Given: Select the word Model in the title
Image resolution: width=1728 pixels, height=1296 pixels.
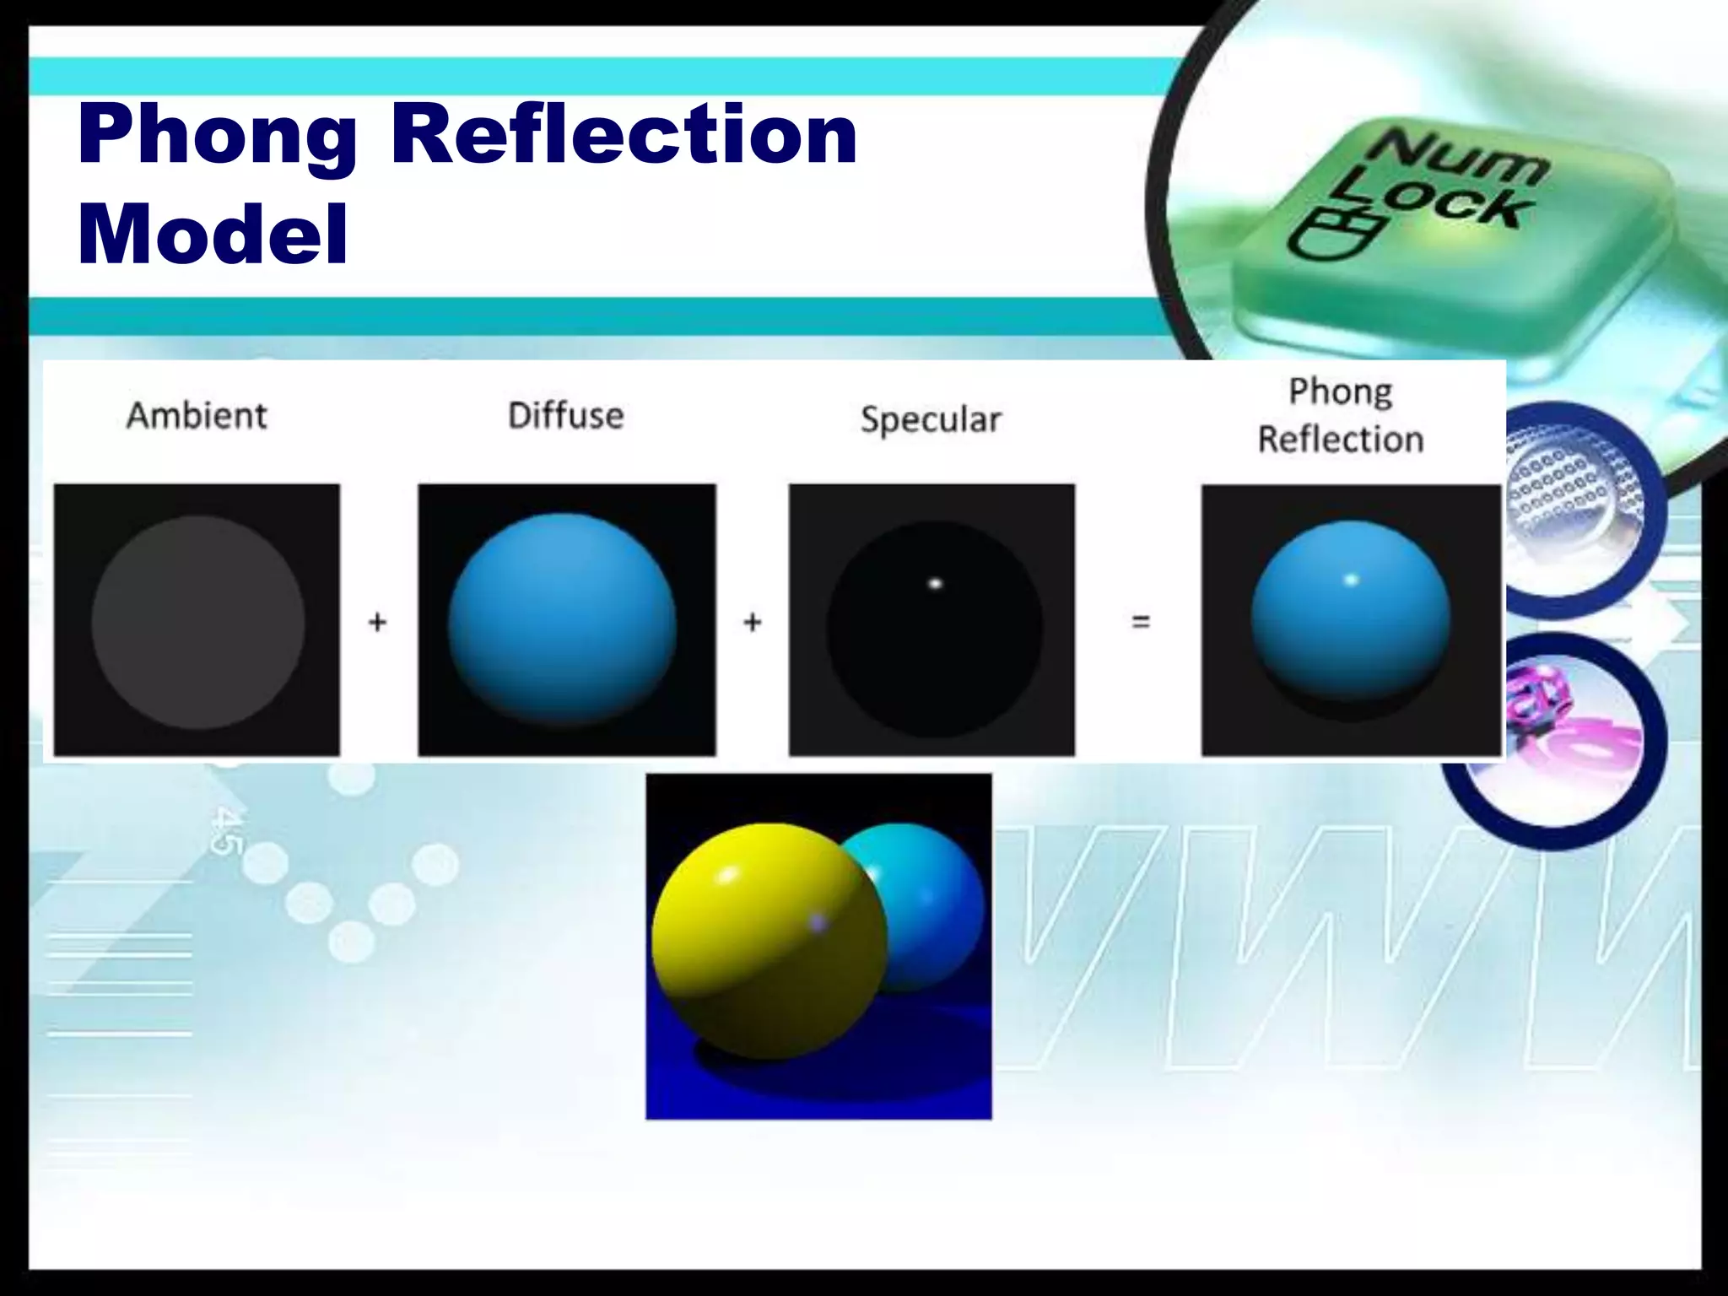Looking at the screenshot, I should click(x=213, y=234).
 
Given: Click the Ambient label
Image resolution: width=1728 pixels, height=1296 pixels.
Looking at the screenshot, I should click(x=197, y=415).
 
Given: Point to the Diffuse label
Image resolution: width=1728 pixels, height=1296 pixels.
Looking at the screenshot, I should click(x=565, y=415).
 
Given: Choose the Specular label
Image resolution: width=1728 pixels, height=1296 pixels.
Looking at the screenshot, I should click(x=931, y=419).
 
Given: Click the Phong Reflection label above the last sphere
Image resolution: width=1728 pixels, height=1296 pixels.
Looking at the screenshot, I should click(x=1341, y=415).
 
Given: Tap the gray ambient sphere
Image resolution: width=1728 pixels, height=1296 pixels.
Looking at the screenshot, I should click(x=197, y=622).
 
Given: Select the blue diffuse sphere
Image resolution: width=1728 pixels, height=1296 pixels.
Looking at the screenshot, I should click(x=562, y=620).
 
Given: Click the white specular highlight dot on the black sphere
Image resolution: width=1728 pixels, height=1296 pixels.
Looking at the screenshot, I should click(x=935, y=583).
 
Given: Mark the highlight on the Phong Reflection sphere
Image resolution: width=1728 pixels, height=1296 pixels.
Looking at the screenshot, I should click(x=1351, y=580).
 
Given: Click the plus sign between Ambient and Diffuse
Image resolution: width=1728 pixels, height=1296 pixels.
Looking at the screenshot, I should click(x=377, y=623).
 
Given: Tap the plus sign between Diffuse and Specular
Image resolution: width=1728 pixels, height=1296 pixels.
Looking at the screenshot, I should click(x=752, y=623).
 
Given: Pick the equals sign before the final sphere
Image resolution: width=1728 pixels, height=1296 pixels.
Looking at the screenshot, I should click(x=1141, y=623).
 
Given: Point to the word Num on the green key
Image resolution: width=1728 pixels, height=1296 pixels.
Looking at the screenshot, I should click(x=1458, y=156).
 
